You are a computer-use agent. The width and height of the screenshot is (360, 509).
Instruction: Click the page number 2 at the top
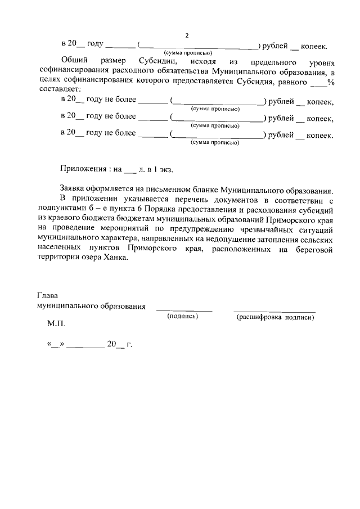pyautogui.click(x=187, y=35)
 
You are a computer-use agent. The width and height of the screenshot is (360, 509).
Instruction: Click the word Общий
pyautogui.click(x=73, y=60)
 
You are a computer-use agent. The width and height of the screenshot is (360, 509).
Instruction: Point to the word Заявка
pyautogui.click(x=73, y=190)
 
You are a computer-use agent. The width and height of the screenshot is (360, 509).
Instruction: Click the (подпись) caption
pyautogui.click(x=183, y=317)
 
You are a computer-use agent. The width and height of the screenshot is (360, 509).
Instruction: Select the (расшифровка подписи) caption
pyautogui.click(x=275, y=317)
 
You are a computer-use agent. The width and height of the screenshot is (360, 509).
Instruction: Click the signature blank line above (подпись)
pyautogui.click(x=184, y=310)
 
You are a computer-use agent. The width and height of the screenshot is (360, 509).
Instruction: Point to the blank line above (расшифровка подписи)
pyautogui.click(x=274, y=311)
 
